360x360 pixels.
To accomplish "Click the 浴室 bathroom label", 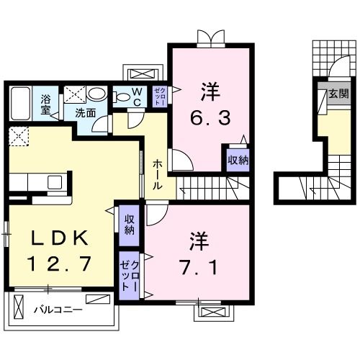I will (x=45, y=104).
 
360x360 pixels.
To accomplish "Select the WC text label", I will (x=136, y=96).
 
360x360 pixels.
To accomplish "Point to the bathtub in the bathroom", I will (x=20, y=104).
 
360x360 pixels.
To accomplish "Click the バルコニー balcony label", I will (x=58, y=310).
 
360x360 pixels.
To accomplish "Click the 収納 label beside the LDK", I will (x=129, y=225).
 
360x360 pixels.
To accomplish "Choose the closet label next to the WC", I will (x=160, y=97).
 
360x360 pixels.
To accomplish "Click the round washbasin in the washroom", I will (x=96, y=94).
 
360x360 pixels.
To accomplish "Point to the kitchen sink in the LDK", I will (x=53, y=181).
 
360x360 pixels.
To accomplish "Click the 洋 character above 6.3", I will (x=210, y=91).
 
